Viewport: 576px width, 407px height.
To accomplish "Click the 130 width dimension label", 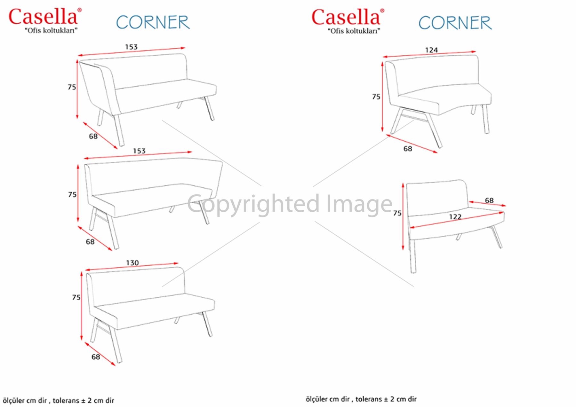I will [132, 263].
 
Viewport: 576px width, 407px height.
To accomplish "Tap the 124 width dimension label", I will [431, 50].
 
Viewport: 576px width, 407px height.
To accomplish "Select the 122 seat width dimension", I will [455, 217].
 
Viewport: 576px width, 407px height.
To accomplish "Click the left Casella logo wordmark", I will [43, 17].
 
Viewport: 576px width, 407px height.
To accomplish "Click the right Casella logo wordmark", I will [346, 17].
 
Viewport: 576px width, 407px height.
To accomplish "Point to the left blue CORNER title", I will [153, 22].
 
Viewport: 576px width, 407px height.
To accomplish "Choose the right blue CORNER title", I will [455, 23].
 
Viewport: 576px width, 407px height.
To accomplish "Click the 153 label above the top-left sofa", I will [131, 47].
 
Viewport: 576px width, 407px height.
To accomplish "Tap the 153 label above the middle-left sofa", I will [139, 151].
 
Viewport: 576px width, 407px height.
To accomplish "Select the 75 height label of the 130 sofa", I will [76, 297].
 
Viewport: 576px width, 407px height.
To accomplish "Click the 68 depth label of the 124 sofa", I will [408, 149].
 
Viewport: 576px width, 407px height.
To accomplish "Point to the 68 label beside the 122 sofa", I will [489, 200].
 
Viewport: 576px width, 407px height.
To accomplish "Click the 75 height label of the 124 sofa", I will [376, 96].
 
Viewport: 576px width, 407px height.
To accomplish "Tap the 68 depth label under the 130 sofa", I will [96, 356].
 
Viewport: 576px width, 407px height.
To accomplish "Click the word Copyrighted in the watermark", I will [253, 204].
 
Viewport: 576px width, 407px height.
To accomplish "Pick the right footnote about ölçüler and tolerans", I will [361, 399].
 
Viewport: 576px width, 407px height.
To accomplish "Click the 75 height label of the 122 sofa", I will [397, 213].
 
